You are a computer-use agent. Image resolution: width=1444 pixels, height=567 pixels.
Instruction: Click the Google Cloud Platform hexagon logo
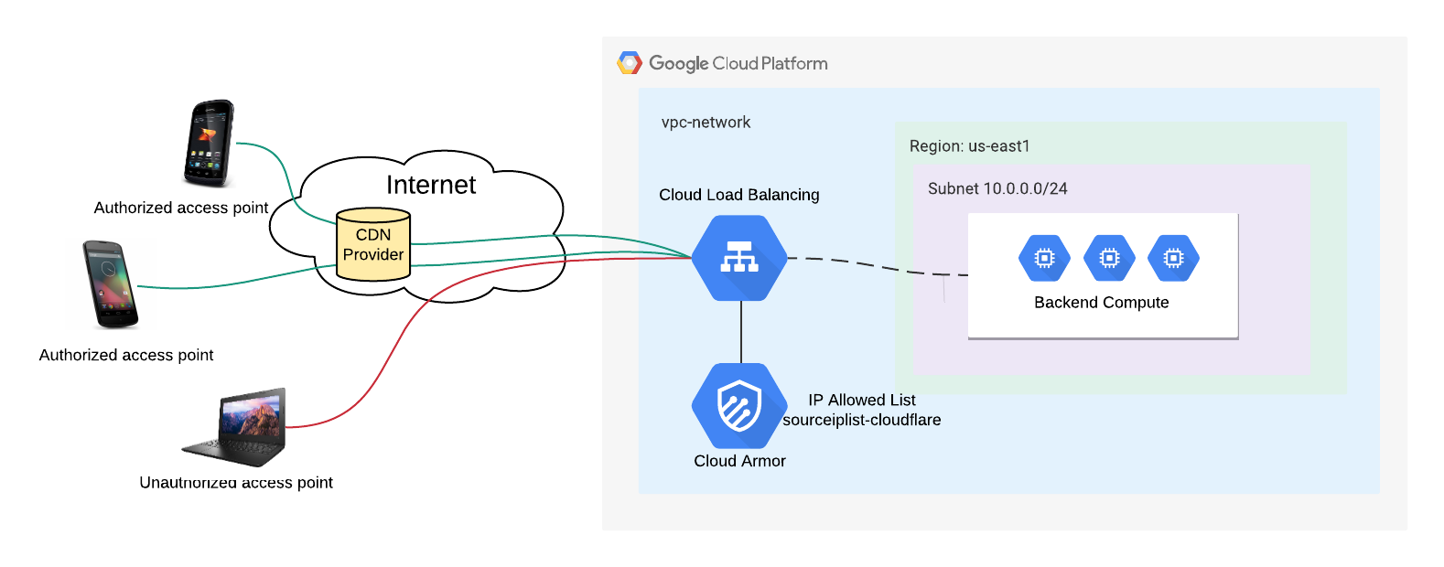[630, 63]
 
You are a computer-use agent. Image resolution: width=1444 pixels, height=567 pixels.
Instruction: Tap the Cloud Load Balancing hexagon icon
[739, 258]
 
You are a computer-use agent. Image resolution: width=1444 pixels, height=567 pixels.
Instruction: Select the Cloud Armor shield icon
[739, 405]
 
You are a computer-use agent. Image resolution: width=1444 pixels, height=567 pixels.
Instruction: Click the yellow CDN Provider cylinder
[373, 245]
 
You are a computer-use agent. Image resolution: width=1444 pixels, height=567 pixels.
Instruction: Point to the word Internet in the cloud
[431, 185]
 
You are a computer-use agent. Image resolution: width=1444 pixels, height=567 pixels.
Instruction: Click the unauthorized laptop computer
[241, 427]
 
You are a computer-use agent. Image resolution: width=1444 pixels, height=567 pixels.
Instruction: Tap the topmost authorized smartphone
[210, 143]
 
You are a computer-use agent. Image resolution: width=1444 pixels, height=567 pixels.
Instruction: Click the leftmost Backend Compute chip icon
[1044, 258]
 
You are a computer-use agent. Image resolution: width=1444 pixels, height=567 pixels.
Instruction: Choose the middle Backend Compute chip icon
[1109, 258]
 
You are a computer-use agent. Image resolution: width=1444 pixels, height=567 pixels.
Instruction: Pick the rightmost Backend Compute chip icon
[1173, 258]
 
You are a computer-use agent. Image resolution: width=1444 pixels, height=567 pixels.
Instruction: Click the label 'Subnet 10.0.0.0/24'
[997, 188]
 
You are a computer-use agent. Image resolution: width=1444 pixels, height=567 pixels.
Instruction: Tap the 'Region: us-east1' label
[969, 146]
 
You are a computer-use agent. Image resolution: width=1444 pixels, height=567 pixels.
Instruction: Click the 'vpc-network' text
[706, 123]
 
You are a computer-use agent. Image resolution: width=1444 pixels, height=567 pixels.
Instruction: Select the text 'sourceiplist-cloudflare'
[862, 420]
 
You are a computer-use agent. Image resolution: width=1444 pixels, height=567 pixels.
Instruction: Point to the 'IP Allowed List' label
[862, 400]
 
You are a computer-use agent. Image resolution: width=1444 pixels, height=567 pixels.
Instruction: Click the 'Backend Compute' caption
[1101, 303]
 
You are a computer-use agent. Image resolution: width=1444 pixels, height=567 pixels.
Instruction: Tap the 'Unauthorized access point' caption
[236, 483]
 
